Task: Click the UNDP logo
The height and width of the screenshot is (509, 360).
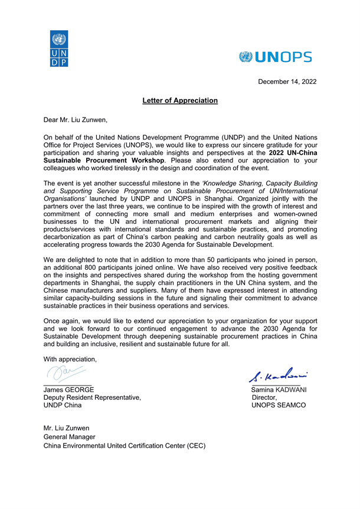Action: (x=59, y=49)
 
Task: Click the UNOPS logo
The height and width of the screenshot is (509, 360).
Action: (x=276, y=57)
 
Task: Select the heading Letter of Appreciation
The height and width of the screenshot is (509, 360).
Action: (x=180, y=100)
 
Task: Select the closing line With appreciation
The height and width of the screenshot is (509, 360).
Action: (x=70, y=359)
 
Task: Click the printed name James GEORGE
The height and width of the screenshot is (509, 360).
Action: (x=68, y=390)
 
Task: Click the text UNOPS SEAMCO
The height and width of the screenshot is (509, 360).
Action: (x=278, y=406)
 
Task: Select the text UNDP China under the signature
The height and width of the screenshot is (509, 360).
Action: (x=63, y=406)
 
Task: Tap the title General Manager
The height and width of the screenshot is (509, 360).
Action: (x=69, y=437)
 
